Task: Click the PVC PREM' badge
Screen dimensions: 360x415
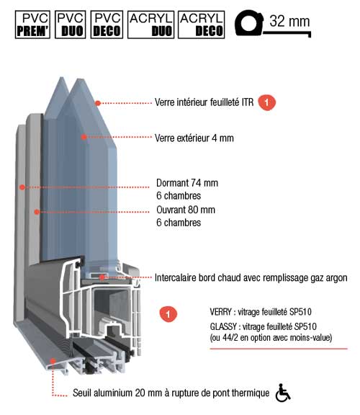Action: pyautogui.click(x=32, y=24)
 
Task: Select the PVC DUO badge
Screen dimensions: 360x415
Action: pyautogui.click(x=71, y=24)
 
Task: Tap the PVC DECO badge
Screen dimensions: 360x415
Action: pyautogui.click(x=107, y=24)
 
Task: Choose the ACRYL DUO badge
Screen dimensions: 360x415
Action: pyautogui.click(x=150, y=24)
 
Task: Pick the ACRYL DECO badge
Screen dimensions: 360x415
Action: pyautogui.click(x=202, y=24)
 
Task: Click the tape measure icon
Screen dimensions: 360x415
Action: pyautogui.click(x=272, y=24)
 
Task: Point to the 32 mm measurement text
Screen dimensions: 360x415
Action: pyautogui.click(x=289, y=21)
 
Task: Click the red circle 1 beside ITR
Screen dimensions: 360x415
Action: pyautogui.click(x=266, y=102)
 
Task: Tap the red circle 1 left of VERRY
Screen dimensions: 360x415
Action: pyautogui.click(x=168, y=314)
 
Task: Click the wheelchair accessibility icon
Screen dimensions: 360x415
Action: pyautogui.click(x=282, y=393)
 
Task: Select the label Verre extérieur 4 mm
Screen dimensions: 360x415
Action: pyautogui.click(x=194, y=138)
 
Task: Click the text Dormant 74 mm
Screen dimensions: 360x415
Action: pyautogui.click(x=187, y=183)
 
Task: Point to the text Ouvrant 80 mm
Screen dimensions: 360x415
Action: pyautogui.click(x=186, y=210)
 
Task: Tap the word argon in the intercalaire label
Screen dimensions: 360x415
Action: pyautogui.click(x=336, y=278)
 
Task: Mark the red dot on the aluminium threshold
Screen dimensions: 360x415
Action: pyautogui.click(x=53, y=361)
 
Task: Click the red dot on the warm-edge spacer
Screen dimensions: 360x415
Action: pyautogui.click(x=102, y=277)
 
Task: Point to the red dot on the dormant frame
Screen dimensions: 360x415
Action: pyautogui.click(x=22, y=187)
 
